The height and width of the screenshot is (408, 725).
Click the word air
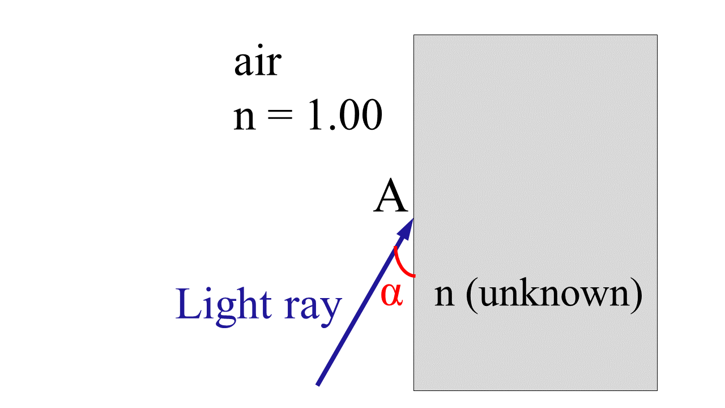click(x=257, y=63)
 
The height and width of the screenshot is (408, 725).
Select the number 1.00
click(x=344, y=117)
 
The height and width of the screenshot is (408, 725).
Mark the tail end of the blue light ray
click(x=318, y=384)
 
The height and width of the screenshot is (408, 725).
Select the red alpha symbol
click(x=391, y=295)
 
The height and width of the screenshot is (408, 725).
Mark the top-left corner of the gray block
click(x=414, y=35)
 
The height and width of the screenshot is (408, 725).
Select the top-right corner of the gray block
click(x=657, y=35)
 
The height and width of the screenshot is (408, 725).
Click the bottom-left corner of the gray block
click(x=414, y=390)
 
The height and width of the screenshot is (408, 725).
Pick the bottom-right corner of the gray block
click(x=657, y=390)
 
